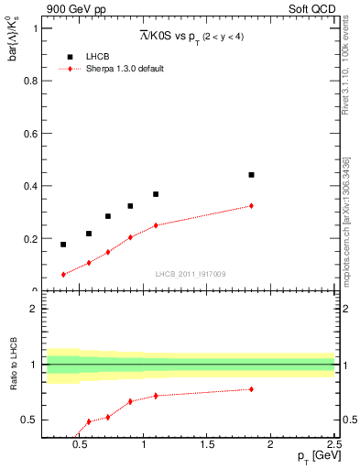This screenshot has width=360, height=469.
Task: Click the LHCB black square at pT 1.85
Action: coord(251,174)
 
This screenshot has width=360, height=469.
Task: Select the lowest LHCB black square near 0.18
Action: coord(63,245)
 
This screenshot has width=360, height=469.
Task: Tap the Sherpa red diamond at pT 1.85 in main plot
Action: coord(251,206)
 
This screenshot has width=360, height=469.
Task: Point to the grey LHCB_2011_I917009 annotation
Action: coord(190,274)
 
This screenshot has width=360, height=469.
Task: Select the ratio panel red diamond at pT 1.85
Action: coord(251,389)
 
